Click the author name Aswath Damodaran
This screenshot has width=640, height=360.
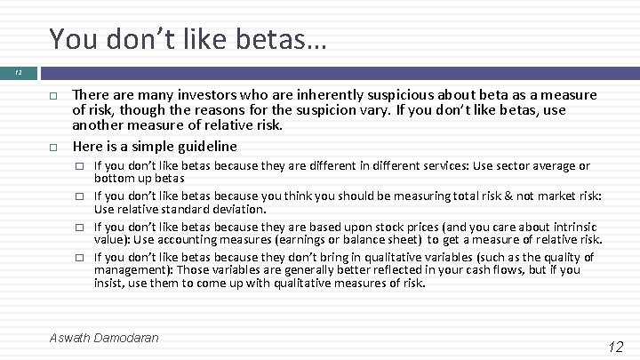[x=105, y=339]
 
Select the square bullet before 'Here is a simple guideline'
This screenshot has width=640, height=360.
[x=53, y=148]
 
